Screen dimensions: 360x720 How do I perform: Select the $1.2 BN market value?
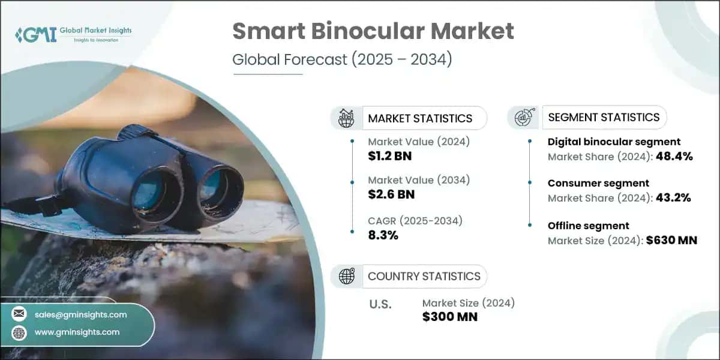tap(390, 157)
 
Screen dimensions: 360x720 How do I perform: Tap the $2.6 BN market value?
tap(391, 194)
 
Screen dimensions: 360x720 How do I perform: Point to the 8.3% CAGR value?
tap(383, 235)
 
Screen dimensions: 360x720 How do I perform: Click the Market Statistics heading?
tap(420, 118)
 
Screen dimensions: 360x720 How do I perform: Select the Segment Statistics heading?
tap(604, 117)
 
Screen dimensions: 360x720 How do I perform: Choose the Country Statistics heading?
tap(424, 276)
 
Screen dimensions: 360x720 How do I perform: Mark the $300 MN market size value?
tap(450, 317)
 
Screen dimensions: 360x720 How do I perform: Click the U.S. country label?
tap(380, 304)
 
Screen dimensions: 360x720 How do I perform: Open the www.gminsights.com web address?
tap(78, 332)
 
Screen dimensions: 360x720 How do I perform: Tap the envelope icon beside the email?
tap(19, 314)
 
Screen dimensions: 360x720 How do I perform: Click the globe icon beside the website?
tap(19, 332)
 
